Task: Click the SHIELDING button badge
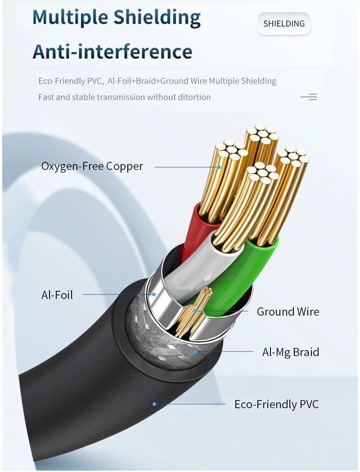[x=284, y=24]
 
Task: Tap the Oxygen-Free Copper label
[x=92, y=166]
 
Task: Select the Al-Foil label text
[x=57, y=295]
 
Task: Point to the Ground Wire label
[x=288, y=312]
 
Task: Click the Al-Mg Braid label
[x=291, y=352]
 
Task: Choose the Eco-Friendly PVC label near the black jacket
[x=277, y=404]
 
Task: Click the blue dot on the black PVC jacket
[x=154, y=404]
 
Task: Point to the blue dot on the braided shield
[x=195, y=351]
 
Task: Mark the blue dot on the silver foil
[x=153, y=294]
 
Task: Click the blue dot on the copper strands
[x=219, y=167]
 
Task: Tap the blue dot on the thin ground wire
[x=195, y=311]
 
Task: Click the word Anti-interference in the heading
[x=112, y=52]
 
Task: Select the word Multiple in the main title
[x=70, y=18]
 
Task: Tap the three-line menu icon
[x=309, y=97]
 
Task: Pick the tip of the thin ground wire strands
[x=207, y=290]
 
